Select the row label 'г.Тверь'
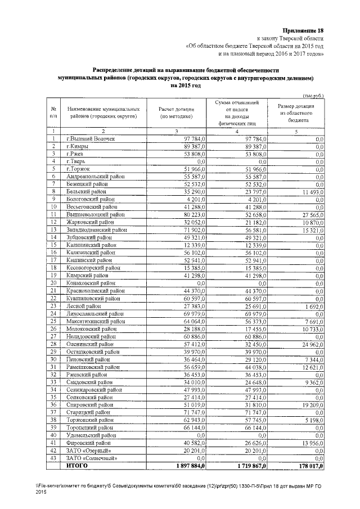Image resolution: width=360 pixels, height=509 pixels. click(76, 161)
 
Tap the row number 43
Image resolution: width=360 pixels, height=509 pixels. click(53, 458)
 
